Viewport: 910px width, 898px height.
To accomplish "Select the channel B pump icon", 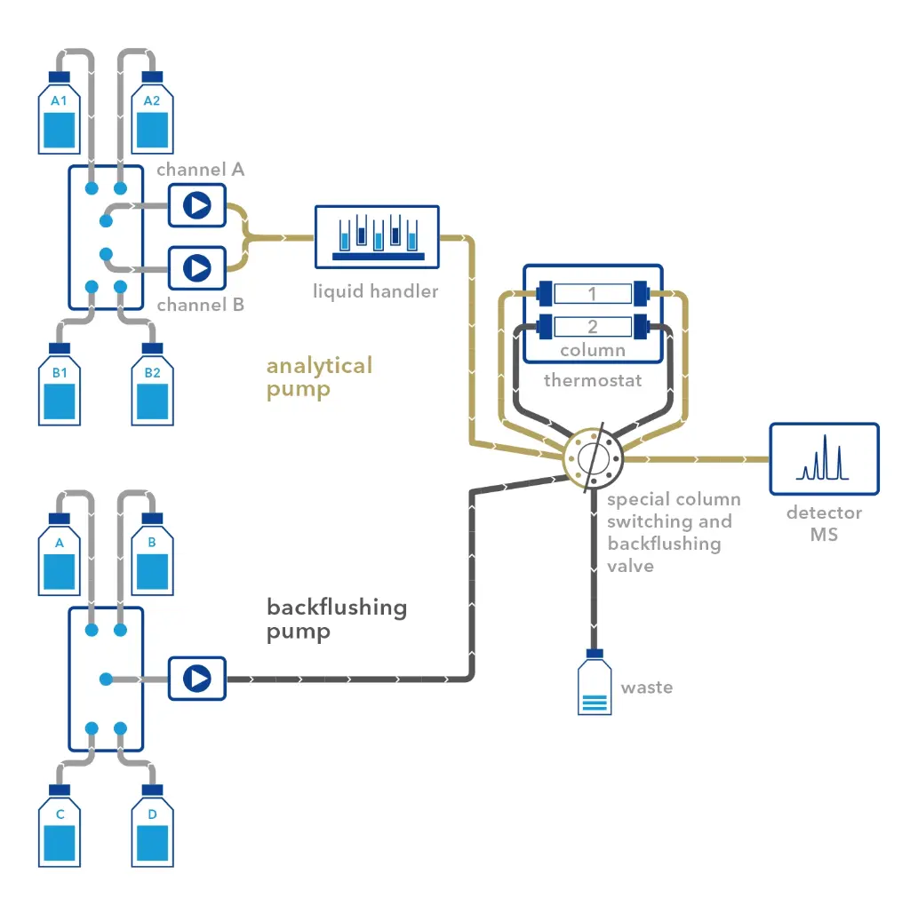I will [x=197, y=266].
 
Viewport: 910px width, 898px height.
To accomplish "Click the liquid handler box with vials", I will [x=377, y=236].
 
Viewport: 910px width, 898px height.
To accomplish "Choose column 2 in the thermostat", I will [x=593, y=326].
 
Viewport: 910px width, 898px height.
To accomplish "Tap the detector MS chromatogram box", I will [x=824, y=458].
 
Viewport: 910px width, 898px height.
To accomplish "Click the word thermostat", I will [x=593, y=381].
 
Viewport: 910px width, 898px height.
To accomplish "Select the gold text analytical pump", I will [x=319, y=377].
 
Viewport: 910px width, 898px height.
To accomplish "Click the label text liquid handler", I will [x=375, y=290].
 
